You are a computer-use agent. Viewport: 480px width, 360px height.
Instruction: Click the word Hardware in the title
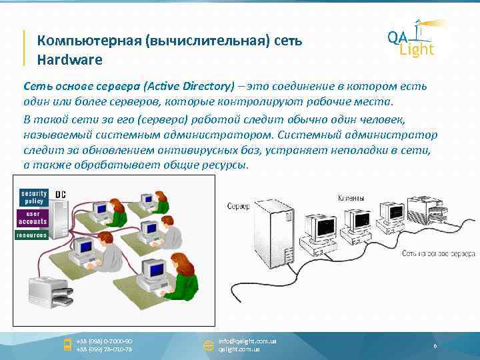(69, 60)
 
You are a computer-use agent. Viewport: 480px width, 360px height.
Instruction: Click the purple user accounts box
(33, 218)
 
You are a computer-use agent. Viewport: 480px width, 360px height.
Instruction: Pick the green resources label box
(33, 235)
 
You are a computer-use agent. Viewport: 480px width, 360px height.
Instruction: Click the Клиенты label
(351, 198)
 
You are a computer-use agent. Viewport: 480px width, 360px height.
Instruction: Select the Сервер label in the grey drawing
(238, 207)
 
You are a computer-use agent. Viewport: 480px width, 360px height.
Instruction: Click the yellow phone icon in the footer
(67, 345)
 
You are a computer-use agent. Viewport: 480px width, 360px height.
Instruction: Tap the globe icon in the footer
(207, 345)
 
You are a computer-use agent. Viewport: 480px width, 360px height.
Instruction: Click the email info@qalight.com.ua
(247, 341)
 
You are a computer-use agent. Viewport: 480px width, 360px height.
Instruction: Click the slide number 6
(435, 346)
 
